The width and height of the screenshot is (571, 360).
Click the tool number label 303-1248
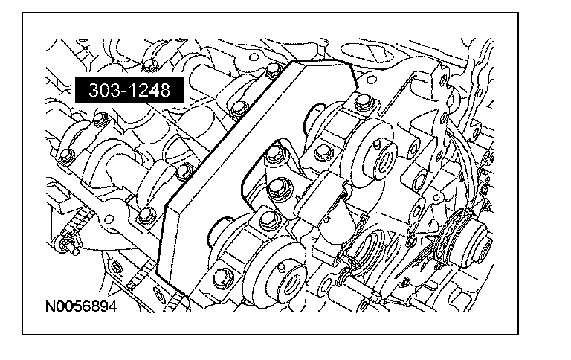point(129,90)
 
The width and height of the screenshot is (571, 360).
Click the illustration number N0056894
point(81,306)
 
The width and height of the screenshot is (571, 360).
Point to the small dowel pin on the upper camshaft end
point(377,144)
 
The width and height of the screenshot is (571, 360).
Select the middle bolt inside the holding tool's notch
point(280,188)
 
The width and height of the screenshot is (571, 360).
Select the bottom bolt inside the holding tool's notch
point(269,219)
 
